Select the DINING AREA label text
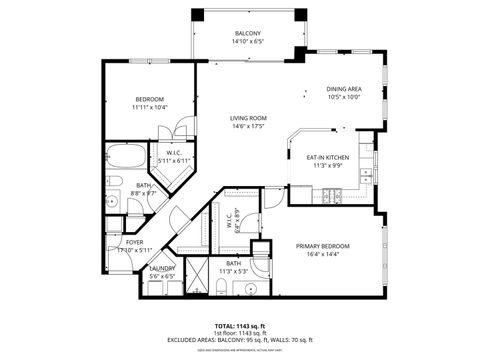343,89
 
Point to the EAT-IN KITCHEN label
326,158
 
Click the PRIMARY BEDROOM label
322,245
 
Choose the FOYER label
134,242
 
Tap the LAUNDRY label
162,268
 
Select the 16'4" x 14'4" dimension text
322,254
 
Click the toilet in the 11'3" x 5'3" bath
221,288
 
